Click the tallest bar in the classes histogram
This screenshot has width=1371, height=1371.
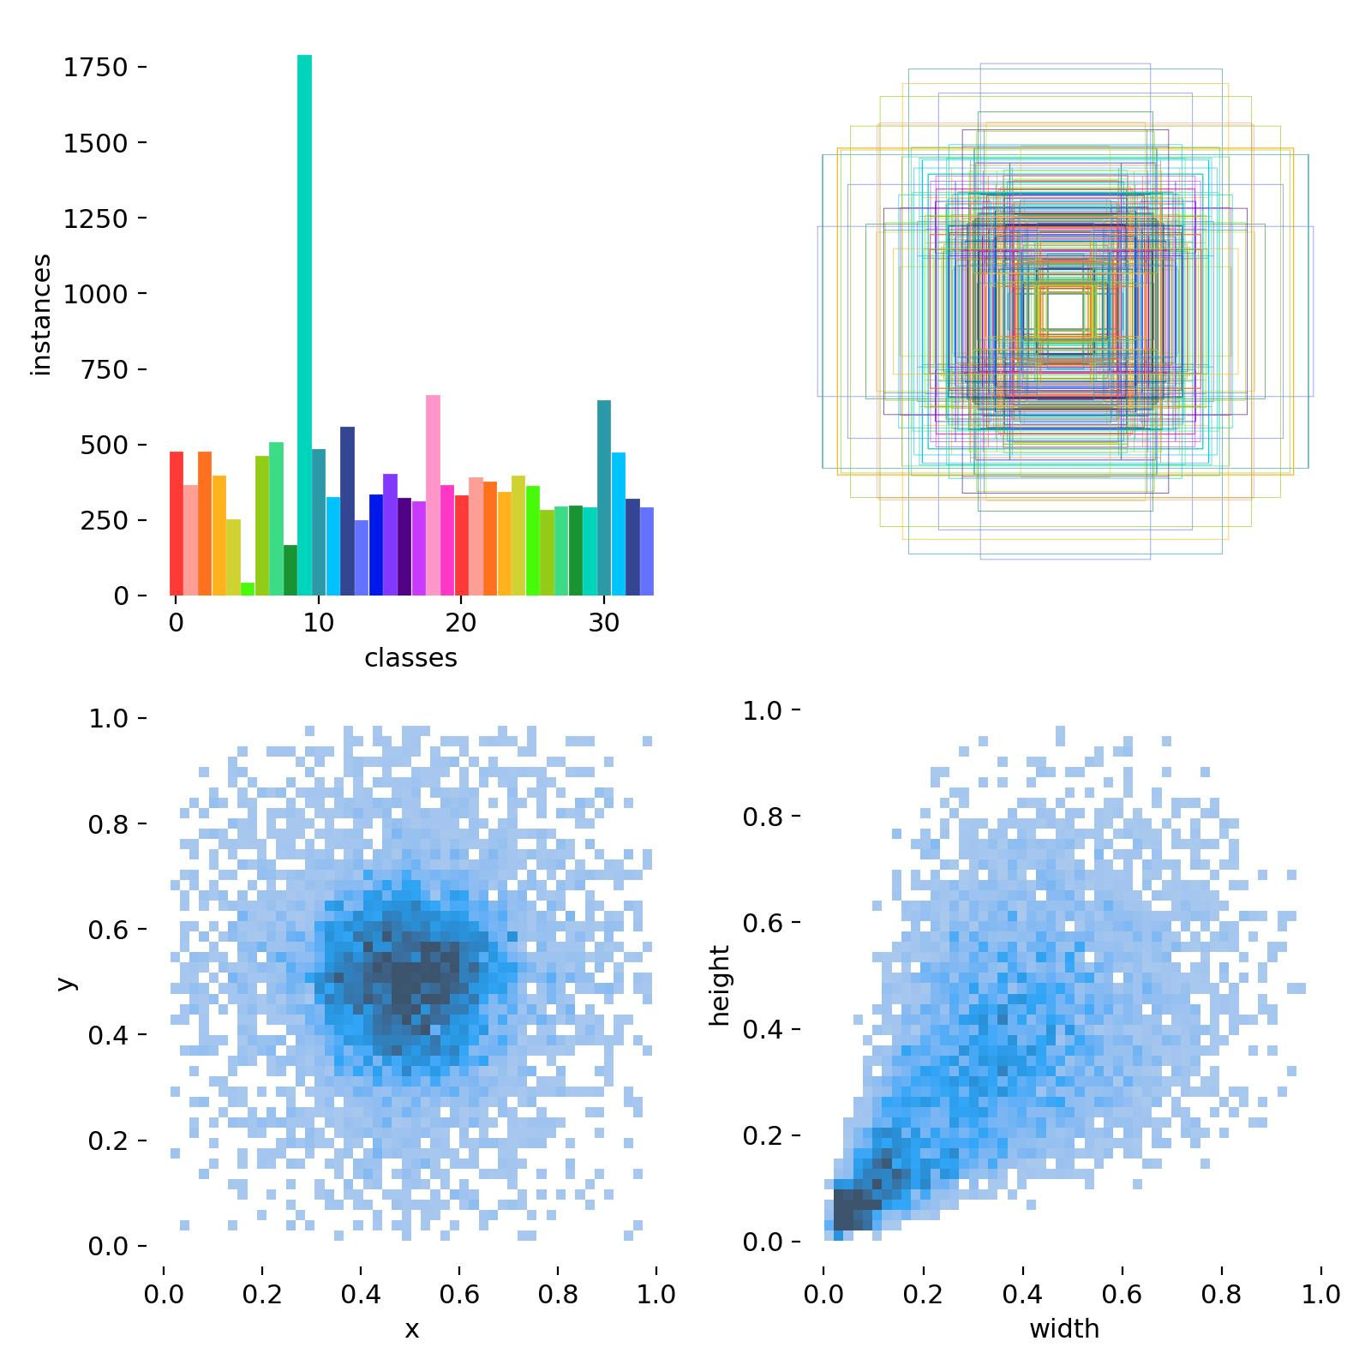click(304, 325)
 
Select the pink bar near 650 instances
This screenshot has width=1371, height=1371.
click(433, 495)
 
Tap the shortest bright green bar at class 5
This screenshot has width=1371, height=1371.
click(248, 589)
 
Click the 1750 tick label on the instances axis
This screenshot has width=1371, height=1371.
click(95, 68)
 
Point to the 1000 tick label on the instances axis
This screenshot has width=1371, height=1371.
click(95, 294)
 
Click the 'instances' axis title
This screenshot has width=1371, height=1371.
click(40, 314)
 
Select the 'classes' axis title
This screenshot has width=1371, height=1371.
click(410, 658)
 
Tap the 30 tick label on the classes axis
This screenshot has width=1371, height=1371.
click(604, 623)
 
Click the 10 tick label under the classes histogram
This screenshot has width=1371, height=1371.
click(319, 623)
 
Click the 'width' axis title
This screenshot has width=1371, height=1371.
click(1064, 1329)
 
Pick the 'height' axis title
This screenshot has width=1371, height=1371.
click(720, 985)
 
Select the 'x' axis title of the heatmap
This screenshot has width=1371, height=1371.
click(411, 1330)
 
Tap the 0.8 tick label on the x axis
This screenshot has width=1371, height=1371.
click(558, 1294)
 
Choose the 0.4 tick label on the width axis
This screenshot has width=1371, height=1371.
click(1022, 1294)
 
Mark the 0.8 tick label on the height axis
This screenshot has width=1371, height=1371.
click(763, 817)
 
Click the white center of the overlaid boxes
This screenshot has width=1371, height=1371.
click(1065, 310)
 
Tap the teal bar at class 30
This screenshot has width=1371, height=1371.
click(604, 498)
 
